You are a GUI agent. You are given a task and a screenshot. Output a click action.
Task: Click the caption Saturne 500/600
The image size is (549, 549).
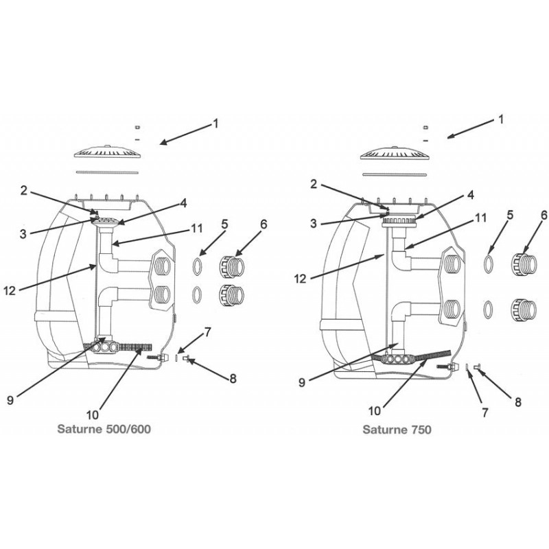104,429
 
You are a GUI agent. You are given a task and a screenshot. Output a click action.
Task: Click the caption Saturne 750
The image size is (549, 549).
397,430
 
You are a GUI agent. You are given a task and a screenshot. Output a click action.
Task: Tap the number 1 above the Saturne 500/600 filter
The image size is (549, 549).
215,124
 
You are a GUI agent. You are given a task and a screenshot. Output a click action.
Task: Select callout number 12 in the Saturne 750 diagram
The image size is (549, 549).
301,279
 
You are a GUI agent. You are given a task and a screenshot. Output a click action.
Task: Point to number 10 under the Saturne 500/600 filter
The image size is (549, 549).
93,415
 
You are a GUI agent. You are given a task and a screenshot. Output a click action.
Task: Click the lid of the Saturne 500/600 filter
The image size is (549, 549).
108,153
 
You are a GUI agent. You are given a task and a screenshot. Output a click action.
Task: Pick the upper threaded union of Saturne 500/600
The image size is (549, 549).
231,266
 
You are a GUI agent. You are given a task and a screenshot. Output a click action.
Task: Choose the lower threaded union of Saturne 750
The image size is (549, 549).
524,309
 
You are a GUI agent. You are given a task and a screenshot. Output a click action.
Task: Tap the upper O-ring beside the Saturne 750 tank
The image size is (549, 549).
489,264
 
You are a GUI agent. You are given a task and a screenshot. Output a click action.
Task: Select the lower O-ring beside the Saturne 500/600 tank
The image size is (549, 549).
198,294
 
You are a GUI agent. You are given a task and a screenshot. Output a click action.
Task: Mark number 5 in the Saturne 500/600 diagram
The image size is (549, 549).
224,224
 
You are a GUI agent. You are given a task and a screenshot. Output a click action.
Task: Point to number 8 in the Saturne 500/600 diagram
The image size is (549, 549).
233,379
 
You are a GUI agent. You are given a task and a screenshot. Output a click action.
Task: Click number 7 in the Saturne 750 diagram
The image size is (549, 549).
485,413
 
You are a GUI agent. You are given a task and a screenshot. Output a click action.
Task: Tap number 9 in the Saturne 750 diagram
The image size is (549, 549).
302,382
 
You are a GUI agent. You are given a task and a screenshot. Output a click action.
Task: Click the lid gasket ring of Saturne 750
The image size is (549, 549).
395,174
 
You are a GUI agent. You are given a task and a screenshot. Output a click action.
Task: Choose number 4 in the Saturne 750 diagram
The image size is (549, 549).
471,195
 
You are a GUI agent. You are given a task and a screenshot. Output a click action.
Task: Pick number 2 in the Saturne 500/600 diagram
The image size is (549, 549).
23,191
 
